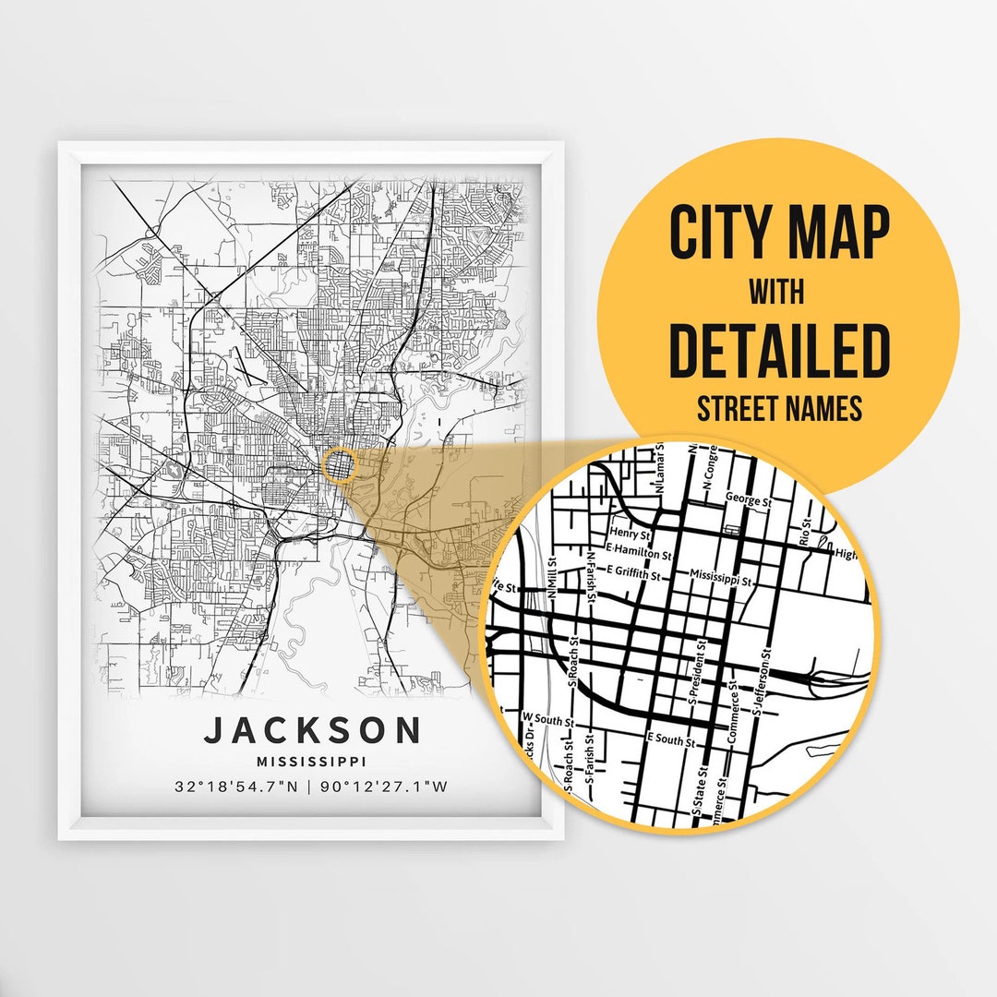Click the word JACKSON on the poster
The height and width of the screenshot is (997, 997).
click(x=313, y=730)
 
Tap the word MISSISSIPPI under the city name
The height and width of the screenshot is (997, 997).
click(x=313, y=762)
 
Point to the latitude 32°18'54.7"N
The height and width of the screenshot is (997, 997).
click(x=238, y=787)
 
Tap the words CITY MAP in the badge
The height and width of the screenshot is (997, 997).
click(x=779, y=234)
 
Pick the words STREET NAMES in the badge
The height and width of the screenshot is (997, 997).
click(x=779, y=407)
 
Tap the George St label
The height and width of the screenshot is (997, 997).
click(x=748, y=500)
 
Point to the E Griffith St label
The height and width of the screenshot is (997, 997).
click(x=633, y=574)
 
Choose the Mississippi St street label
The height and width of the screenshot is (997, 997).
click(x=723, y=583)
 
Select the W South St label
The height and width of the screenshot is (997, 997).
click(x=548, y=716)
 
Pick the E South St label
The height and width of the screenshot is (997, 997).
click(x=671, y=739)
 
